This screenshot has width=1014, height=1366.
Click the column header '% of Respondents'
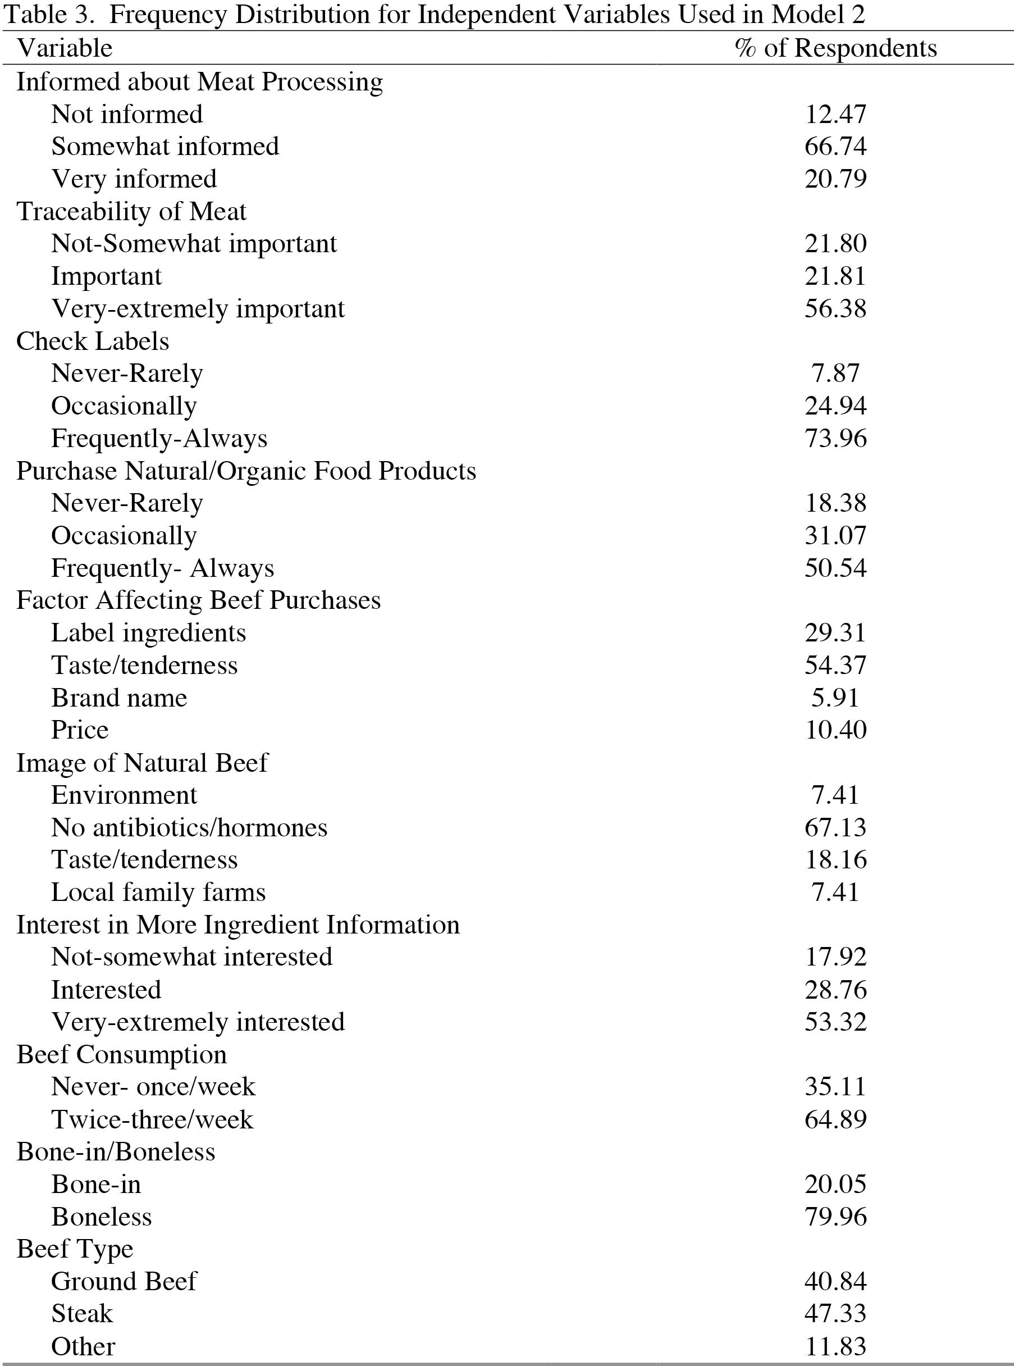tap(835, 48)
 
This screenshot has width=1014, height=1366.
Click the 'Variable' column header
tap(65, 48)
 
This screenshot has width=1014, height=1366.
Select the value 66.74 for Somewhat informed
tap(835, 146)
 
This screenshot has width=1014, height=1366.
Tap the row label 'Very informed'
tap(134, 179)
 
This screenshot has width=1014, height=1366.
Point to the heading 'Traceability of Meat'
tap(131, 211)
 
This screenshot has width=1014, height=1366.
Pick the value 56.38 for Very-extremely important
tap(835, 308)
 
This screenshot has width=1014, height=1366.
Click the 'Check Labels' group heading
tap(93, 341)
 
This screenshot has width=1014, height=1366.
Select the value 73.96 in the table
tap(835, 438)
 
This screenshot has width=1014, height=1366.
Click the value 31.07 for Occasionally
tap(835, 535)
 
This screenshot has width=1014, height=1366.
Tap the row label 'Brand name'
tap(119, 698)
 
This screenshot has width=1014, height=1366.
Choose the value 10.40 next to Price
tap(835, 730)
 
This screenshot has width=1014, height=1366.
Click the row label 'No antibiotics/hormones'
tap(189, 827)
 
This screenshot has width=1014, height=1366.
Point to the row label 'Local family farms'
tap(158, 892)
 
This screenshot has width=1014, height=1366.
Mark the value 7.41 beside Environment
tap(835, 795)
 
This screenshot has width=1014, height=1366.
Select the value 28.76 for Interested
tap(835, 990)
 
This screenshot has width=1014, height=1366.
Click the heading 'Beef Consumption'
tap(121, 1055)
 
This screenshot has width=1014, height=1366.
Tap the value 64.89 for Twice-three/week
tap(835, 1119)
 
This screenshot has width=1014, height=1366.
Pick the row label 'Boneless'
tap(101, 1217)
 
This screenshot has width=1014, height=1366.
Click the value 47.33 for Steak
tap(835, 1314)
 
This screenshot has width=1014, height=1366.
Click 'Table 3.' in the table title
tap(48, 14)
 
